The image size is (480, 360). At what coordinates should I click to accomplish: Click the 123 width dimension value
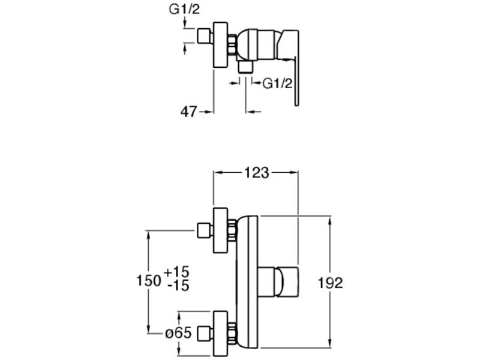257,173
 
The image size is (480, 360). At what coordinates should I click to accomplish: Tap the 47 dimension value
189,112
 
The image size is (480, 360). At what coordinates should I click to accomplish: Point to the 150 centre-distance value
149,280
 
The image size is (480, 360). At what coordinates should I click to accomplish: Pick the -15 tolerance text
178,286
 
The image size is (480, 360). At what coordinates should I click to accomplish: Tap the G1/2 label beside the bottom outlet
277,83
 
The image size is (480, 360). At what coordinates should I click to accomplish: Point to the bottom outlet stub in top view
245,67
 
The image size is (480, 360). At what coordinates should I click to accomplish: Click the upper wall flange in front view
220,229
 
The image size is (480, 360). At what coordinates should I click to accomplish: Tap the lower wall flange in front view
220,332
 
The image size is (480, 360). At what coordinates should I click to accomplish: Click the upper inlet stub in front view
204,229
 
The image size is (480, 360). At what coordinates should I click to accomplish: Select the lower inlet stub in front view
204,332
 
